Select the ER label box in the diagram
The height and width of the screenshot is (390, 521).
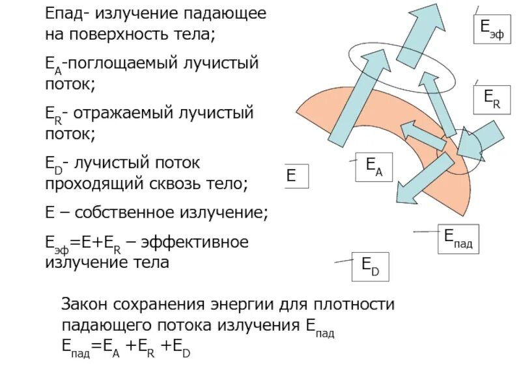490,100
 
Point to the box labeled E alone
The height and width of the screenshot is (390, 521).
295,176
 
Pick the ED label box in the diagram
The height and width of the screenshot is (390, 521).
371,266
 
